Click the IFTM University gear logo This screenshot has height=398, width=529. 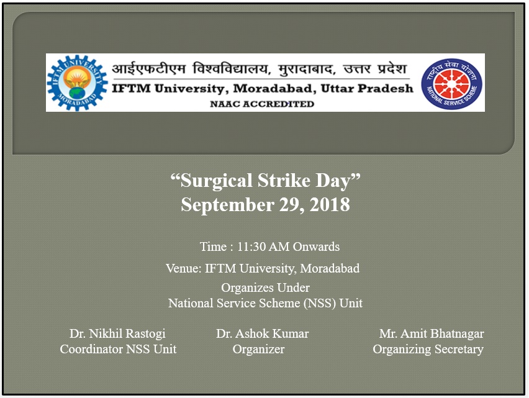point(77,83)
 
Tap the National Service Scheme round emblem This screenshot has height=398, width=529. point(452,84)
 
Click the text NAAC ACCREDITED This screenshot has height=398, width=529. point(262,104)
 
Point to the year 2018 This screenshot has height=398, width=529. point(330,204)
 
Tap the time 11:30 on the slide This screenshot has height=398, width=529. point(251,246)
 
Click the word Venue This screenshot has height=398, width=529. point(184,268)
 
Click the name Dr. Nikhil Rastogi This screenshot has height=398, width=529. point(117,333)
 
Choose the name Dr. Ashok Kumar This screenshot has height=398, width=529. point(262,333)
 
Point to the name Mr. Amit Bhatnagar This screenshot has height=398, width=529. point(432,333)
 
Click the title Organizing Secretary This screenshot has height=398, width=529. point(428,349)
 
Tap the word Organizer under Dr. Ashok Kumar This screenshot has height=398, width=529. point(258,349)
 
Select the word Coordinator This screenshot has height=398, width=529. point(91,349)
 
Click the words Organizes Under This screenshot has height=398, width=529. point(265,287)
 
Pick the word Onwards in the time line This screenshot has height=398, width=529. point(316,246)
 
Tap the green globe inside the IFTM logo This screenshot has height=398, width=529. point(77,93)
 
